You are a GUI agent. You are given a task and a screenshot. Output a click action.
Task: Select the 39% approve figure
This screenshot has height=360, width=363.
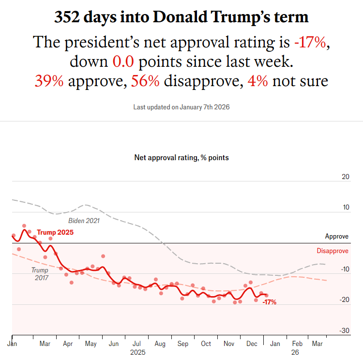[x=49, y=81]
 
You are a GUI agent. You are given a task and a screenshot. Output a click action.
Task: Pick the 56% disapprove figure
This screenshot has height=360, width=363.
[x=145, y=81]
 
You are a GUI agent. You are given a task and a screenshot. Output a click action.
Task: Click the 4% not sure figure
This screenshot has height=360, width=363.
[x=258, y=81]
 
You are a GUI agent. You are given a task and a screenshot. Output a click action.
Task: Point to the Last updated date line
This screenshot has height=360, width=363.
[x=181, y=106]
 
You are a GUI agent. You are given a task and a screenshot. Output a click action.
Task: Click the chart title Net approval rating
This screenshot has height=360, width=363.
[x=181, y=158]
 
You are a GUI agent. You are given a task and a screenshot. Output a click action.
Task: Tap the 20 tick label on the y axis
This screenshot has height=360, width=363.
[x=345, y=177]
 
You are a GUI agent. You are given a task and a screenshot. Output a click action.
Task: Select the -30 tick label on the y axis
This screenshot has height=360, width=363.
[x=344, y=330]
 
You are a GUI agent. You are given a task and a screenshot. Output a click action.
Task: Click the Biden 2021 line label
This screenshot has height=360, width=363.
[x=84, y=221]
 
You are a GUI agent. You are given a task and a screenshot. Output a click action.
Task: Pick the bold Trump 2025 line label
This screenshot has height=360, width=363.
[x=55, y=233]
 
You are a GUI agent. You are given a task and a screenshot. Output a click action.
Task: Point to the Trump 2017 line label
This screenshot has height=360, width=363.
[x=40, y=274]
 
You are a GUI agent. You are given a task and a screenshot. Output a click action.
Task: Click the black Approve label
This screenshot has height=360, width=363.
[x=336, y=237]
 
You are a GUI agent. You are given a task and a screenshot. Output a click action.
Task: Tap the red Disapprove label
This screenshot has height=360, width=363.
[x=333, y=251]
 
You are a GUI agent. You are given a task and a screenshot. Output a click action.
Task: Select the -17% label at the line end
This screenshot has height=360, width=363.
[x=269, y=302]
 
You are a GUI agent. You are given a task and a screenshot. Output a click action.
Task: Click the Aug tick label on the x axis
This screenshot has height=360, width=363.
[x=160, y=344]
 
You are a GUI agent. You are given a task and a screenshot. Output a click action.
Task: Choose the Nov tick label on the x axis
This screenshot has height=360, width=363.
[x=229, y=344]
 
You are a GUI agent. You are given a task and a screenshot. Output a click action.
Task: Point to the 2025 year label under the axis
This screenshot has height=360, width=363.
[x=137, y=353]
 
